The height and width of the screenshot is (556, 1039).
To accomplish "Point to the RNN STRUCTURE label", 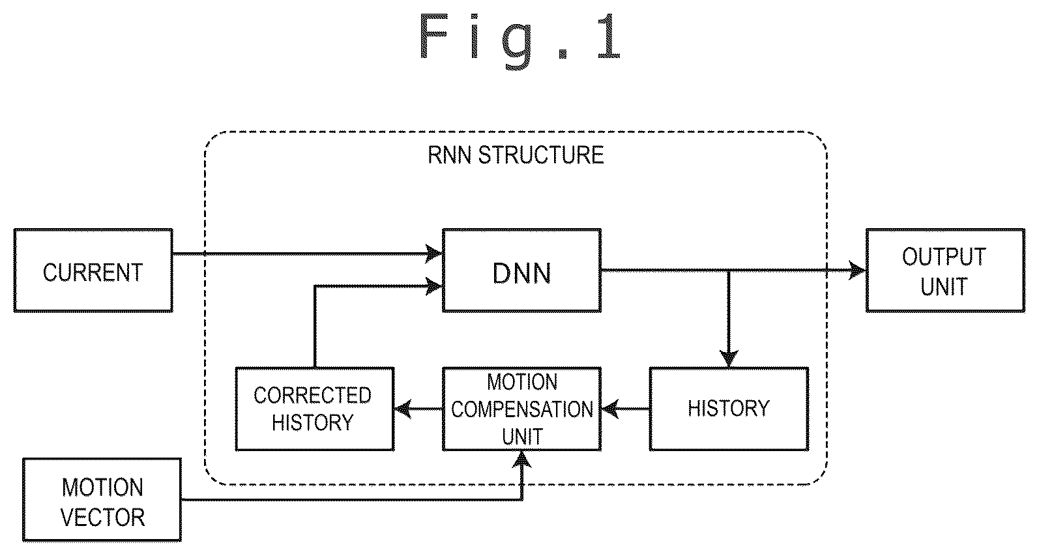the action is point(516,155).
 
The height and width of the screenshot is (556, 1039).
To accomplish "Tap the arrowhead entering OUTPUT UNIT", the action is point(857,271).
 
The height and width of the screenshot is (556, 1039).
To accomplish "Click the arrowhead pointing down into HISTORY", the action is point(729,358).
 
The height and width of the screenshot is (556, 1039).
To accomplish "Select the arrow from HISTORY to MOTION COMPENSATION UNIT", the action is point(626,409).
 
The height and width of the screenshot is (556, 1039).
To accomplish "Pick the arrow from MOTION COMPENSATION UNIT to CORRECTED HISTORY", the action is point(418,409).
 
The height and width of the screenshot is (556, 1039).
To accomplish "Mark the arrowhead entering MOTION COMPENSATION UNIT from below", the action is point(523,460).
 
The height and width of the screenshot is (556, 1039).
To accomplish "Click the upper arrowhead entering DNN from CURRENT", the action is point(433,254).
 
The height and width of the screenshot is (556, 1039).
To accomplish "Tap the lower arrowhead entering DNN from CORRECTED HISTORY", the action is point(433,286).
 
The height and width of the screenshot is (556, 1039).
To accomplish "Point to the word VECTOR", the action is point(102,517).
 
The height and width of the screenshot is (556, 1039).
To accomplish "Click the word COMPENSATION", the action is point(522,409).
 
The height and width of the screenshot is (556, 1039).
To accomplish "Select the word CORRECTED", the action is point(312,396).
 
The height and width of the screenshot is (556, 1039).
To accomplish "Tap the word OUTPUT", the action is point(944,256).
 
